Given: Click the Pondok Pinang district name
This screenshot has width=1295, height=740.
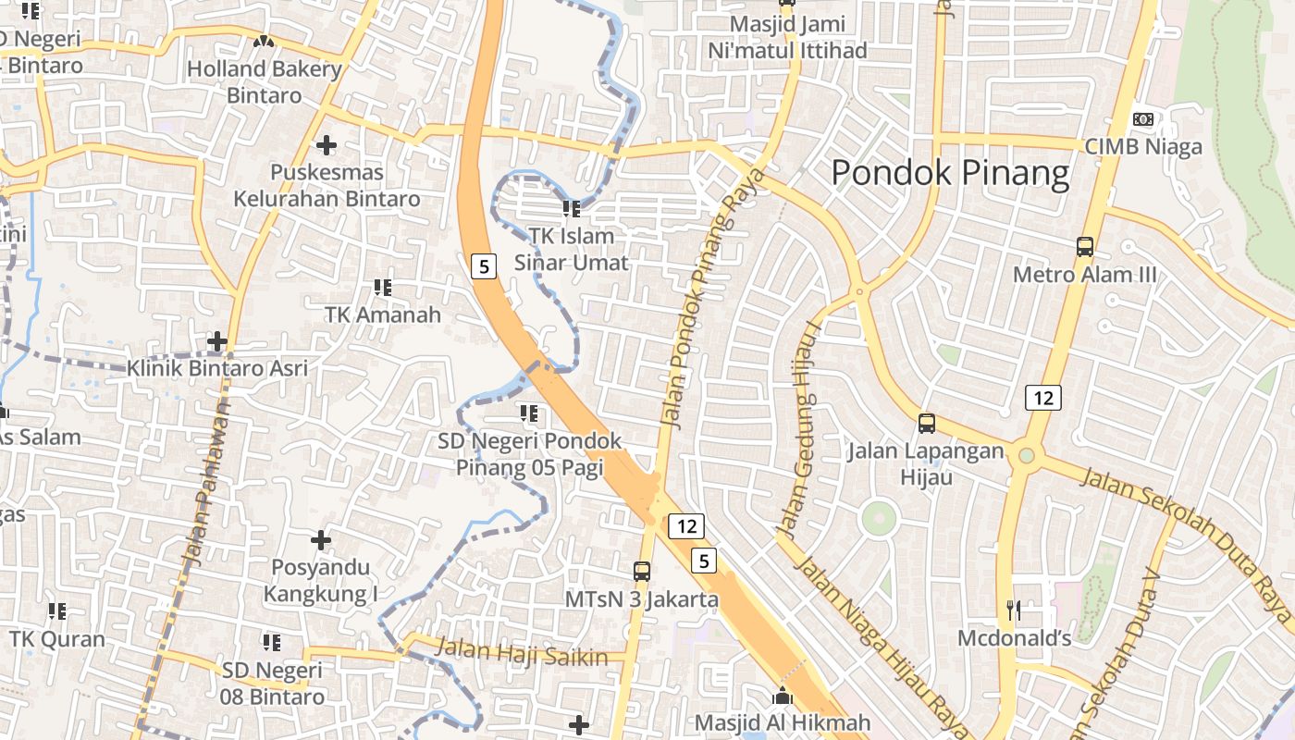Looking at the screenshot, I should tap(950, 173).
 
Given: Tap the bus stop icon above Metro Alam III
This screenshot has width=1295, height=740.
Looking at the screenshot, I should tap(1085, 247).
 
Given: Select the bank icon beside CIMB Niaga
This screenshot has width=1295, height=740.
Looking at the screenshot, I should tap(1143, 119).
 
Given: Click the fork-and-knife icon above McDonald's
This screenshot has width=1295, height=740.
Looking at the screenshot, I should tap(1014, 610).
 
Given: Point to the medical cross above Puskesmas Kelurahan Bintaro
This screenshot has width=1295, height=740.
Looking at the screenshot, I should tap(326, 145).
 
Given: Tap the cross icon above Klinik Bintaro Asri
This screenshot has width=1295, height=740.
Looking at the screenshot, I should tap(217, 341).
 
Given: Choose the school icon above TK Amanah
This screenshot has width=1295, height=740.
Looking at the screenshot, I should tap(382, 288).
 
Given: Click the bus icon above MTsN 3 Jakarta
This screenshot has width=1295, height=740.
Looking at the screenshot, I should tap(642, 572).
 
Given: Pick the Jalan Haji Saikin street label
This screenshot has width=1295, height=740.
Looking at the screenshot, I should tap(522, 652).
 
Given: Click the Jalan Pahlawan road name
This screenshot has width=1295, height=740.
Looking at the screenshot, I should tap(205, 481).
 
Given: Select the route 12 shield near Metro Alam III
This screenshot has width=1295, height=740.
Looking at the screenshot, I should tap(1042, 399).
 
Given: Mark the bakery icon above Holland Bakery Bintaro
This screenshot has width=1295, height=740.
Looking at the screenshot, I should tap(264, 42).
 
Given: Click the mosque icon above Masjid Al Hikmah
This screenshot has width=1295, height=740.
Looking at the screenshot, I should tap(783, 696).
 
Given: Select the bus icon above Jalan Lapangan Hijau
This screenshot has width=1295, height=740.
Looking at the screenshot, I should tap(926, 424).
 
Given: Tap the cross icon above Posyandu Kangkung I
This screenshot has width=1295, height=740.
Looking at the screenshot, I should tap(321, 539).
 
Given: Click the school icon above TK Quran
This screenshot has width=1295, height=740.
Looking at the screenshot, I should tap(57, 611).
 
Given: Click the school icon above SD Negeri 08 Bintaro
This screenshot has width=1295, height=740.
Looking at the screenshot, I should tap(271, 642).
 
